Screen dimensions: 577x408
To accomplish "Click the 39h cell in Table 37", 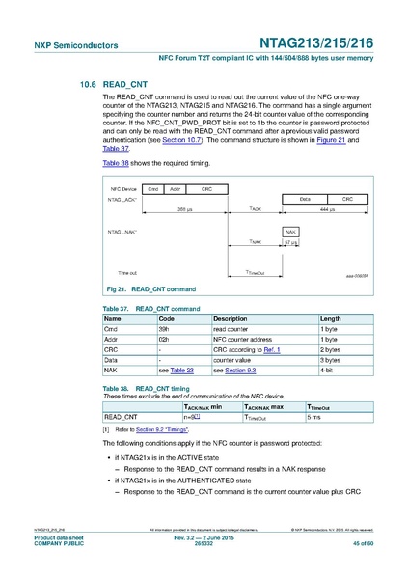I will pyautogui.click(x=164, y=329).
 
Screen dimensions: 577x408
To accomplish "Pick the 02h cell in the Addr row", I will pyautogui.click(x=164, y=339).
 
